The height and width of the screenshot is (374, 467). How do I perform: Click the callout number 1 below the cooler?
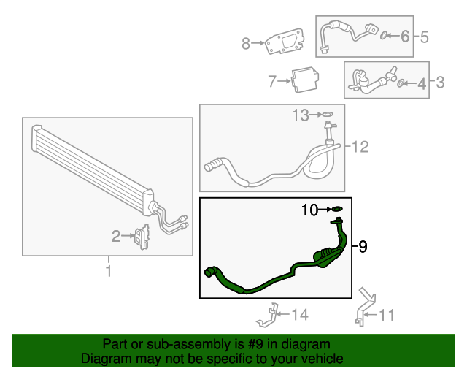[109, 272]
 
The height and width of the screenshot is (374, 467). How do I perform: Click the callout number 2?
[116, 236]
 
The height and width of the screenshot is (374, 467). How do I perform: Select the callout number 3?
[440, 83]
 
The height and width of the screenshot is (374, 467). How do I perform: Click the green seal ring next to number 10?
[337, 210]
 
